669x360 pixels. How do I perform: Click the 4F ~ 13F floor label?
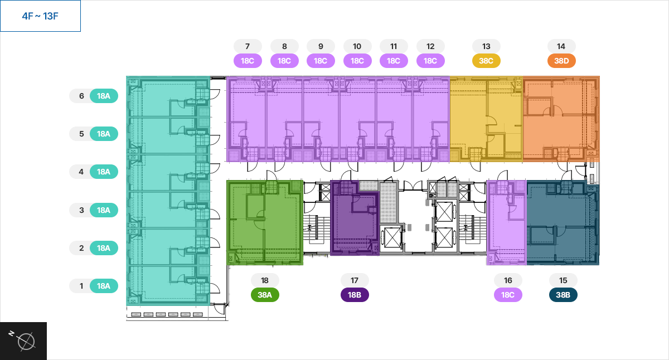(x=40, y=16)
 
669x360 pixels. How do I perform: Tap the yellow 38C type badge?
(x=486, y=61)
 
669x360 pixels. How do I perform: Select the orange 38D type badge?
(x=561, y=61)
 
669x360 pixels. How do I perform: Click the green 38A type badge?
(x=265, y=295)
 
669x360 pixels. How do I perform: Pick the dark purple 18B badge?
(x=355, y=295)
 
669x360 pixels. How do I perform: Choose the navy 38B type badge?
(x=563, y=295)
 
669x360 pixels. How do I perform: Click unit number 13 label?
(x=486, y=46)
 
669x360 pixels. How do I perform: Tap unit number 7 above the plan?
(x=248, y=46)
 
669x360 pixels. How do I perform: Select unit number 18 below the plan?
(x=265, y=280)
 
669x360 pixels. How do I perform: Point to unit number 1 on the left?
(x=81, y=286)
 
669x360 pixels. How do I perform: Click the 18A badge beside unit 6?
(x=104, y=96)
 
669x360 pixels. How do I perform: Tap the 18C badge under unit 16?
(x=508, y=295)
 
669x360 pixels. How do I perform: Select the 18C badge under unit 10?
(x=357, y=61)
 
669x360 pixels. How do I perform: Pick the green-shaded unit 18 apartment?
(x=265, y=222)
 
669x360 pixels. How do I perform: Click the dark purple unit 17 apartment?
(x=355, y=218)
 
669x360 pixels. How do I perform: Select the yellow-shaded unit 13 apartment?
(x=486, y=119)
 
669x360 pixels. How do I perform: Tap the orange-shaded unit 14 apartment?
(x=561, y=119)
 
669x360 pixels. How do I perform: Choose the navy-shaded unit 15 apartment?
(x=563, y=224)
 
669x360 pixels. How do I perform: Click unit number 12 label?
(x=430, y=46)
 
